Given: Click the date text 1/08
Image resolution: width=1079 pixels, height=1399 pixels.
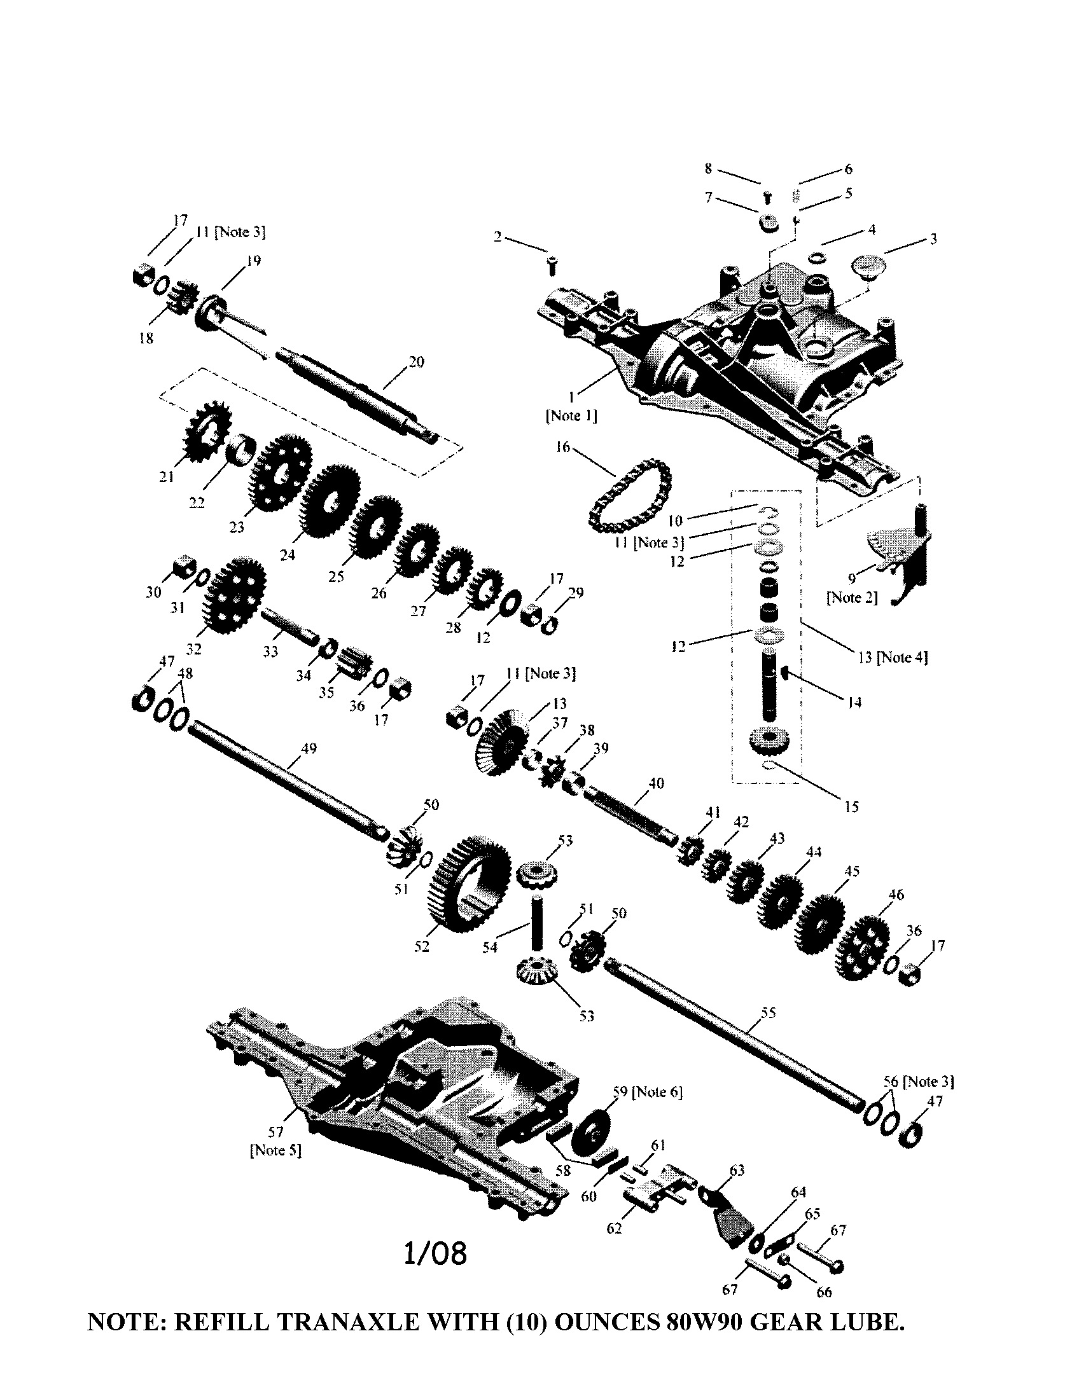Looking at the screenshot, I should point(435,1253).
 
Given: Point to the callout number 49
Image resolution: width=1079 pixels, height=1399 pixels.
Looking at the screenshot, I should point(309,748).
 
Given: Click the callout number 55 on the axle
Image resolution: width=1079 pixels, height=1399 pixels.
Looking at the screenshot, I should point(768,1013).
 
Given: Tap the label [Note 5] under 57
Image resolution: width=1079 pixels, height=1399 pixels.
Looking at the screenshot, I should point(275,1150).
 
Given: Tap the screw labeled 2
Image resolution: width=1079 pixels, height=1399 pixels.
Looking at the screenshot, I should point(553,265).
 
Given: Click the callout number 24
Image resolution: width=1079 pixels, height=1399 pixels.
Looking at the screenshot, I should point(288,555).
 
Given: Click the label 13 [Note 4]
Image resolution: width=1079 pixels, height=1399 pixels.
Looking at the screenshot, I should point(892,657).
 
